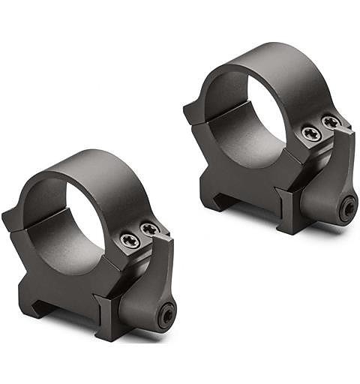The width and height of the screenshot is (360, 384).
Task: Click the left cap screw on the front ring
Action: pyautogui.click(x=130, y=241)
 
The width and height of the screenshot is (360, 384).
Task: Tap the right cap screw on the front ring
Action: pyautogui.click(x=150, y=229)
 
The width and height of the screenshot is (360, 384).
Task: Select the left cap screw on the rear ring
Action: pyautogui.click(x=311, y=133)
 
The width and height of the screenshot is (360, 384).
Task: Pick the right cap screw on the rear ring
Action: pyautogui.click(x=331, y=121)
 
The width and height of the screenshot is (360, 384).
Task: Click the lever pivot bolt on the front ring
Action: pyautogui.click(x=165, y=316)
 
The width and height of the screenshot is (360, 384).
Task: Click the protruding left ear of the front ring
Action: pyautogui.click(x=13, y=217)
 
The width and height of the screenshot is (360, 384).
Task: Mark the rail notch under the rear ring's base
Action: pyautogui.click(x=212, y=196)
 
